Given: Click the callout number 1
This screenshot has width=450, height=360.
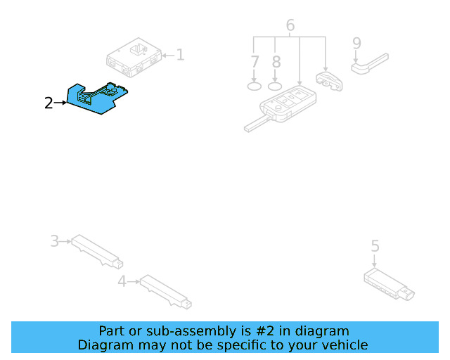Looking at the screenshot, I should coord(180,54).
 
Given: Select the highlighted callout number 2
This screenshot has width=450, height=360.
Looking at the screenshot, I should coord(48,103).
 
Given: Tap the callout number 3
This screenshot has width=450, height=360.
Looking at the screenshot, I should coord(54,242).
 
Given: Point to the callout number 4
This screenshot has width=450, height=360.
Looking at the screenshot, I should coord(122,282).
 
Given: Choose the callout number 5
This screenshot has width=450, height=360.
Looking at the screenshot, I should coord(375,246).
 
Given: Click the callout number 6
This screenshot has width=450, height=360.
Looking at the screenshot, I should coord(290,26).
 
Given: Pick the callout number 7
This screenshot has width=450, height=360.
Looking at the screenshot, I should coord(255,62).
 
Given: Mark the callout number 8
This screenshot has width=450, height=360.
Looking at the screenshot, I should coord(276,62).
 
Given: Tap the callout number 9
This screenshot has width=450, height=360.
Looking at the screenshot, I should coord(356,44).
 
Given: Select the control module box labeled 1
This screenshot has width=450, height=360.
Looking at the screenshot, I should coord(134,58).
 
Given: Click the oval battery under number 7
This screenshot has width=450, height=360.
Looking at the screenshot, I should coord(255,86).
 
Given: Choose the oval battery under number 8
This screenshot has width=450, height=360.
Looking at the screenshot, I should coord(276,86).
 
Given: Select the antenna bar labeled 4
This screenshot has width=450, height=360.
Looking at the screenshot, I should coord(165,292).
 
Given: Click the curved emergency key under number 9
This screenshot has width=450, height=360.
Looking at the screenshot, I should coord(369,63).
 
